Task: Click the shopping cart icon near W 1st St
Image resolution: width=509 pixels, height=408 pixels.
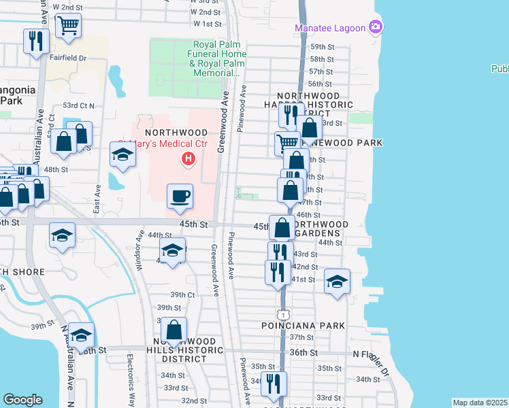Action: click(x=67, y=27)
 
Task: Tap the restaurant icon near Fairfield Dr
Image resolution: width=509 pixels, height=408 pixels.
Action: click(x=35, y=41)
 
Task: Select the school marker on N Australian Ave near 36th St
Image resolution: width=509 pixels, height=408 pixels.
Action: click(x=81, y=336)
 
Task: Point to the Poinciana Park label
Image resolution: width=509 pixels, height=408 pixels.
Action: click(x=304, y=326)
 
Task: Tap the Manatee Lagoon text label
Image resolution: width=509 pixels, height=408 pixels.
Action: click(x=329, y=29)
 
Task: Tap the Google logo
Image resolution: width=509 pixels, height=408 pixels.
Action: click(x=22, y=400)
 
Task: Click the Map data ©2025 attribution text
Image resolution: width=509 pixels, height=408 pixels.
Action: click(x=480, y=403)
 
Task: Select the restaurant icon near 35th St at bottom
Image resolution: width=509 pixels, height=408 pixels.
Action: click(x=274, y=384)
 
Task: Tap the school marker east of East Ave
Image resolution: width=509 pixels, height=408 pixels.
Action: click(x=122, y=155)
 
